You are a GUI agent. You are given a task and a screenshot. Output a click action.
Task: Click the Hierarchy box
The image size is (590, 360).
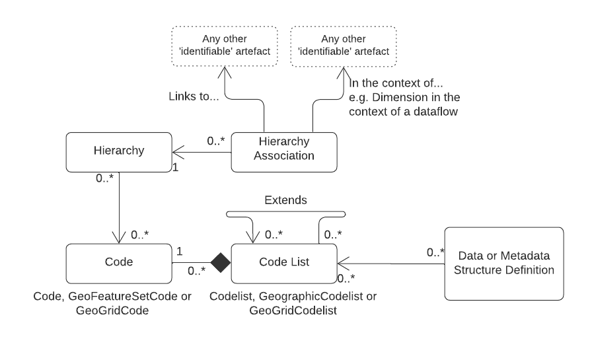click(x=119, y=151)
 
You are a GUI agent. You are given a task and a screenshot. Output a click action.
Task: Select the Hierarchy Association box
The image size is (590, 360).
click(x=284, y=151)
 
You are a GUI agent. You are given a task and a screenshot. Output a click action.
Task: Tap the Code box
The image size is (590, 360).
click(x=119, y=262)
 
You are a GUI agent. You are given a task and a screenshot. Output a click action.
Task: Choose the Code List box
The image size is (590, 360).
click(x=284, y=262)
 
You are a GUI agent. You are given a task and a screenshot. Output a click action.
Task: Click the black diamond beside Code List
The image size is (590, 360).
click(x=220, y=262)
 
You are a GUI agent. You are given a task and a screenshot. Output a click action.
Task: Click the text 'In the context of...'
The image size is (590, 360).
click(x=396, y=85)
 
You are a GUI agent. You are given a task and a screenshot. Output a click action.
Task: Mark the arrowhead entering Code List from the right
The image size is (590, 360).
click(x=342, y=262)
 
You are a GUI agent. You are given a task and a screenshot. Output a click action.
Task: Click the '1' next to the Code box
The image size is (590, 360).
click(x=179, y=252)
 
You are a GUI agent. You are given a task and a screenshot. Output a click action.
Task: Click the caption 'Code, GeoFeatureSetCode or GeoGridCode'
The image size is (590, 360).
click(x=112, y=303)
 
